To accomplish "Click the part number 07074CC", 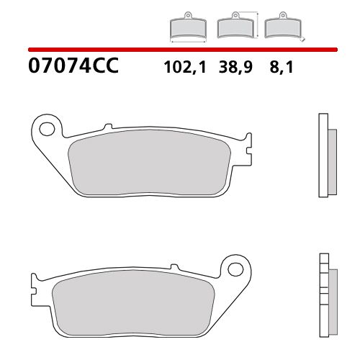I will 71,68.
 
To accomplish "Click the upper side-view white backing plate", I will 323,156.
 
